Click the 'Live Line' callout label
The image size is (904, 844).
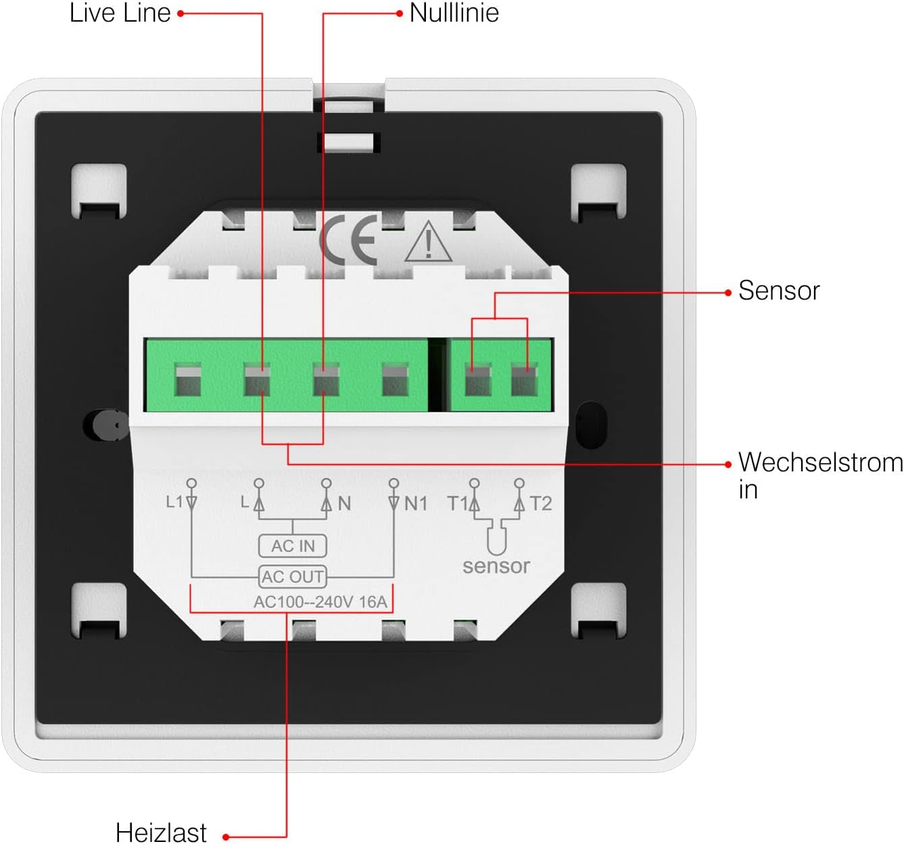(x=120, y=14)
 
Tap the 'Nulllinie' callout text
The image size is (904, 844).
(x=454, y=14)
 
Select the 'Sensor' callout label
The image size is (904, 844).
(x=778, y=291)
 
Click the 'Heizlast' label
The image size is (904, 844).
(x=161, y=832)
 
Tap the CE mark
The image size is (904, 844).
(x=348, y=240)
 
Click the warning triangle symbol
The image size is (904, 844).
(x=428, y=242)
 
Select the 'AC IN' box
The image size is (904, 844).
(x=293, y=546)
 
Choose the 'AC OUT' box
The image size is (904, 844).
(x=293, y=577)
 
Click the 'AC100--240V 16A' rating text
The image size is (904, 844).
(x=320, y=602)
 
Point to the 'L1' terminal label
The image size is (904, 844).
(x=174, y=502)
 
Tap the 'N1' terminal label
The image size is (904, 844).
(x=416, y=503)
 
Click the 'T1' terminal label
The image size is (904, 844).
(x=457, y=503)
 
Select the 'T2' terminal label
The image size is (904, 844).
(x=541, y=503)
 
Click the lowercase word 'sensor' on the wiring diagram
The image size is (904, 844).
(x=496, y=566)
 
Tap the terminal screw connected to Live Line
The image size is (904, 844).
(x=257, y=380)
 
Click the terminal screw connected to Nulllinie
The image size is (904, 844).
(x=326, y=380)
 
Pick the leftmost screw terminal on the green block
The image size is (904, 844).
(x=188, y=380)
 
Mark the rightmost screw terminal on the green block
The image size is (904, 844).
(x=524, y=380)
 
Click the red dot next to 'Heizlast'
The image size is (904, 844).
(x=226, y=837)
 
